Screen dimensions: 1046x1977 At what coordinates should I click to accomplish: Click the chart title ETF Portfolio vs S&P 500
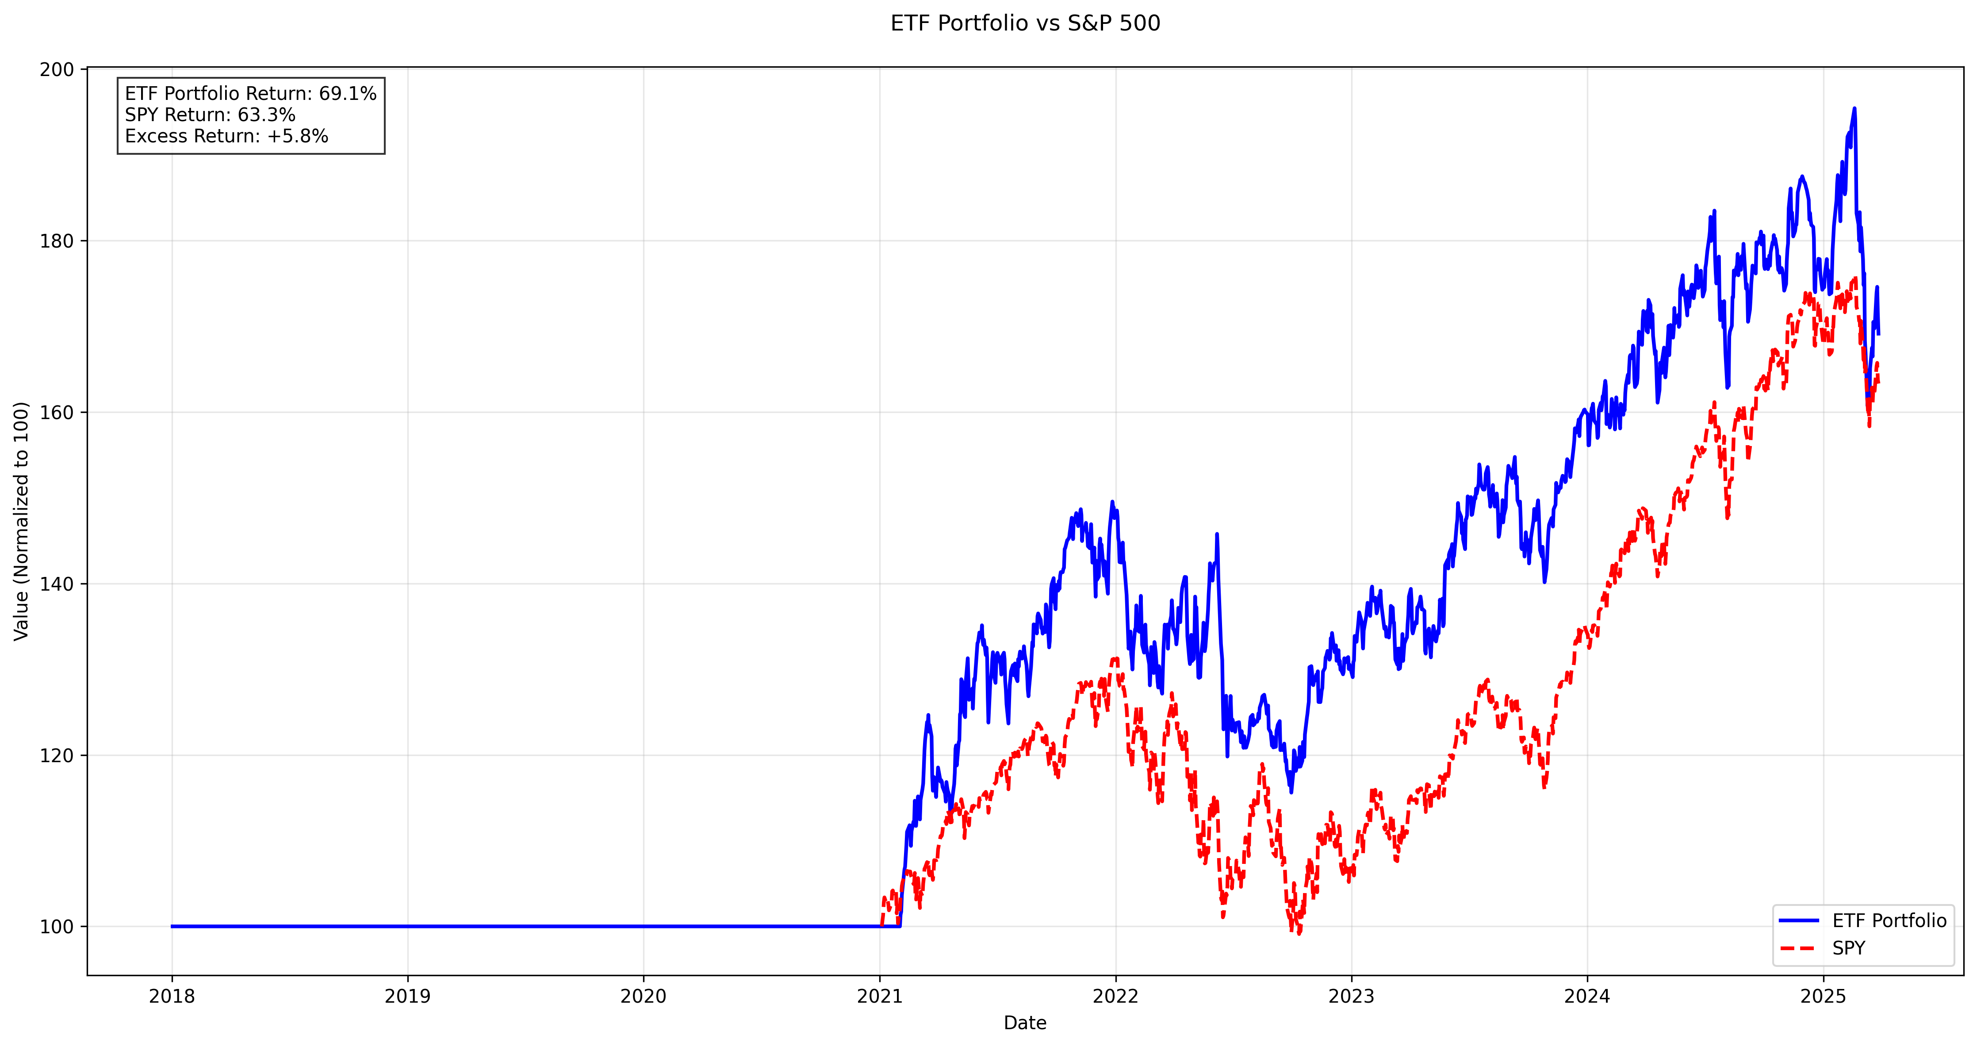(1025, 23)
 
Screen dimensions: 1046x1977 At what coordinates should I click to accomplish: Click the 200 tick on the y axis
(57, 70)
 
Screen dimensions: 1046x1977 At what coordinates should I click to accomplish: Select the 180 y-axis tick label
(57, 241)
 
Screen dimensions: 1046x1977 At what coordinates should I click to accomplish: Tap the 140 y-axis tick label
(57, 584)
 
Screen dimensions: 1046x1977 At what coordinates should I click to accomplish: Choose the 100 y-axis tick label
(57, 927)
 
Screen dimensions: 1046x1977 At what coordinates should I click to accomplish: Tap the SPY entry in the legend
(1848, 949)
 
